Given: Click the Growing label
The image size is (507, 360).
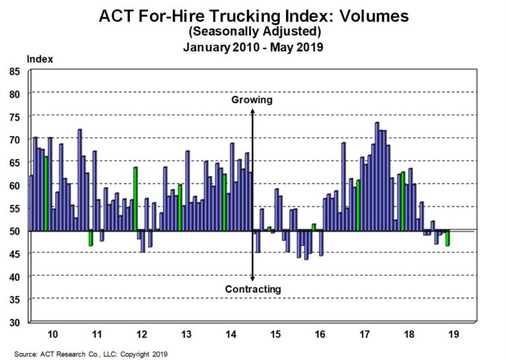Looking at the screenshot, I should pyautogui.click(x=252, y=100).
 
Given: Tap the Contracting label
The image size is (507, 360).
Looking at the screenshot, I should pyautogui.click(x=253, y=289).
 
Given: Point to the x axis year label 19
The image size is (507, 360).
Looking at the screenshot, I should pyautogui.click(x=452, y=334).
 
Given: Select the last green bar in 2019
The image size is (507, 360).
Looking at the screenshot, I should pyautogui.click(x=448, y=238).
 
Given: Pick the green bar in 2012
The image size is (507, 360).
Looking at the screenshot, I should pyautogui.click(x=135, y=198).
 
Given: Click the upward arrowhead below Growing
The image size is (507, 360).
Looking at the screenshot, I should pyautogui.click(x=253, y=112).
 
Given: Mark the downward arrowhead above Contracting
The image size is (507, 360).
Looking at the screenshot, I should pyautogui.click(x=253, y=277).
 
